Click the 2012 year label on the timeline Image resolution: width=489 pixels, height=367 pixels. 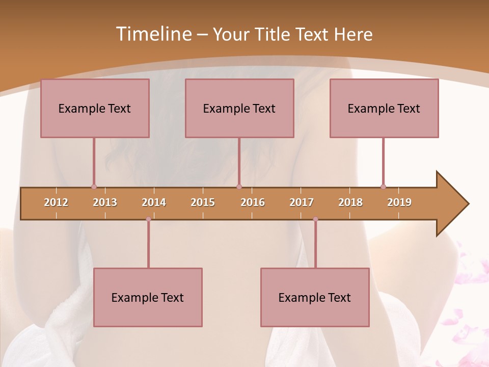tap(56, 202)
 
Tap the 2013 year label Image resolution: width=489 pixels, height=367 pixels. tap(105, 202)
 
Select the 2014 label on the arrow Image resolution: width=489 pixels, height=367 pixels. tap(154, 202)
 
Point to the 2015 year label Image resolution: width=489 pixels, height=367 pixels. tap(203, 202)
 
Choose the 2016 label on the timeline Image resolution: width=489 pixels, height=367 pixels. tap(253, 202)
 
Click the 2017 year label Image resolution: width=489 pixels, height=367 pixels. tap(302, 202)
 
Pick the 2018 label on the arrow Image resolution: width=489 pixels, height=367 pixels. tap(350, 202)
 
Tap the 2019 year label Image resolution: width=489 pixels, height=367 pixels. tap(399, 202)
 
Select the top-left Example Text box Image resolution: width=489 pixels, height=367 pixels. tap(95, 108)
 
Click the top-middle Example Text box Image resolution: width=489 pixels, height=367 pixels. tap(239, 108)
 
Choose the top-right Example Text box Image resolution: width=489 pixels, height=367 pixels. tap(384, 108)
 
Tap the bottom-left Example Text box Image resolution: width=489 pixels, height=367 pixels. tap(148, 297)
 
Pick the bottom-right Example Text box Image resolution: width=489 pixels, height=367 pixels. tap(315, 297)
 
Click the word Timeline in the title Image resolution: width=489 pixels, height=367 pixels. tap(153, 34)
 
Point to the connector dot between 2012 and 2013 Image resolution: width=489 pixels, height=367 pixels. tap(94, 187)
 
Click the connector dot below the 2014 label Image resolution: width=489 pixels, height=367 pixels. tap(148, 219)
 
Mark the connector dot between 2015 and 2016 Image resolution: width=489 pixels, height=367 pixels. tap(239, 187)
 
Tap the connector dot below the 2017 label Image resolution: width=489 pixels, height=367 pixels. tap(315, 219)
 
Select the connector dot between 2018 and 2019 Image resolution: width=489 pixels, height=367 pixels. tap(383, 187)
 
